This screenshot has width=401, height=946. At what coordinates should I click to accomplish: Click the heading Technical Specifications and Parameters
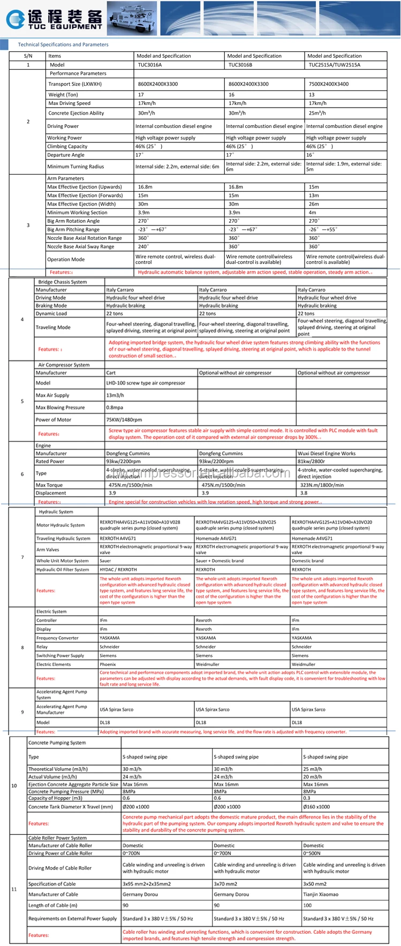coord(63,44)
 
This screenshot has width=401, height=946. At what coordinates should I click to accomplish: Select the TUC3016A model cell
coord(149,65)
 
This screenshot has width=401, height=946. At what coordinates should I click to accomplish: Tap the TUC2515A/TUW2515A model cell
coord(334,65)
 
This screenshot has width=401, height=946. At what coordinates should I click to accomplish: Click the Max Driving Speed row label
coord(69,103)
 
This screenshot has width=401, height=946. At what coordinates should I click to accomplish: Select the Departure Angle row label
coord(66,155)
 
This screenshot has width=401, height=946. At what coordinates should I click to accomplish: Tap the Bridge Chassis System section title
coord(62,282)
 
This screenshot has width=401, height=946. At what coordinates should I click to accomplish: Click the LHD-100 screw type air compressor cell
coord(146,383)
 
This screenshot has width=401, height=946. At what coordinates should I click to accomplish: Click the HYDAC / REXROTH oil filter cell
coord(118,570)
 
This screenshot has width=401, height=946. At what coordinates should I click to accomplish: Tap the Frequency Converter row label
coord(57,638)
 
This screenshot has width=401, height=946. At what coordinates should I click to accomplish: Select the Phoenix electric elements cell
coord(108,664)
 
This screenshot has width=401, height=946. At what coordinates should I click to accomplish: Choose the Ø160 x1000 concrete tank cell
coord(316,807)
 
